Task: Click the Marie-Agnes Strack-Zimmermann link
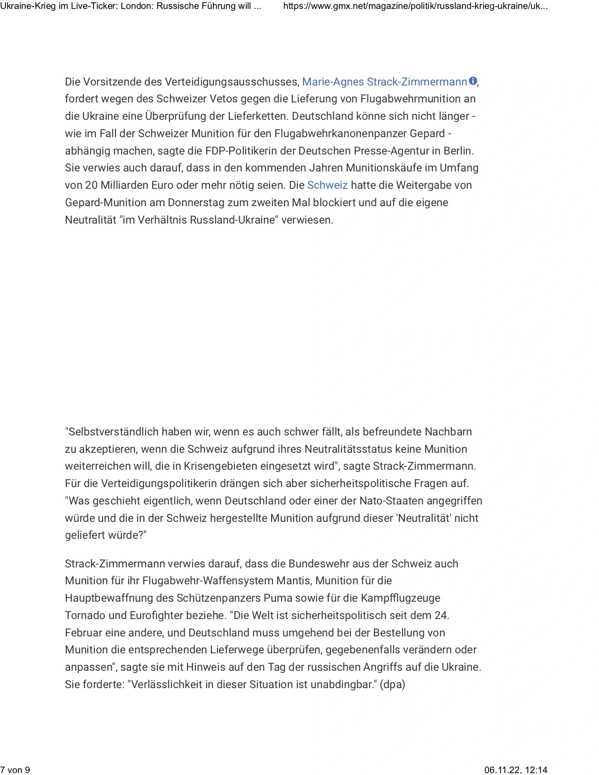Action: pyautogui.click(x=384, y=82)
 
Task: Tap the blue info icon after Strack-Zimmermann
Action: pyautogui.click(x=473, y=81)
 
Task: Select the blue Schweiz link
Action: pyautogui.click(x=327, y=185)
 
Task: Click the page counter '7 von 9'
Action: pyautogui.click(x=15, y=769)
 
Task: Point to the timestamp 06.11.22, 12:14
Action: pyautogui.click(x=515, y=769)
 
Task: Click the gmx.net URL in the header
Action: pyautogui.click(x=415, y=6)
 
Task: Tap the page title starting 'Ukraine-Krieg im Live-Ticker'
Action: pyautogui.click(x=131, y=6)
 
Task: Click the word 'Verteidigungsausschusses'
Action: pyautogui.click(x=232, y=82)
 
